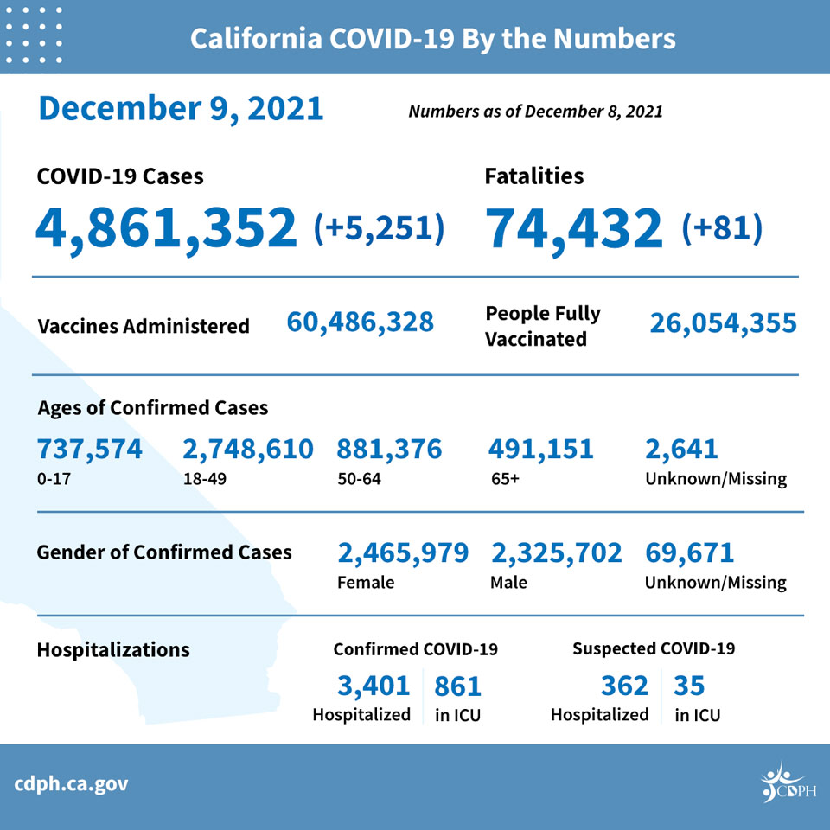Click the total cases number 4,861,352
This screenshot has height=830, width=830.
(x=166, y=229)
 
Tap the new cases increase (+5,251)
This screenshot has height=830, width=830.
(x=379, y=228)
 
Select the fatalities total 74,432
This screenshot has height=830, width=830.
(x=574, y=229)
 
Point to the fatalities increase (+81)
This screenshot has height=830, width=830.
(x=722, y=228)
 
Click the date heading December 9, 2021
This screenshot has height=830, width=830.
(x=181, y=110)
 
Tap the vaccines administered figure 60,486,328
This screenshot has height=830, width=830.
(x=360, y=322)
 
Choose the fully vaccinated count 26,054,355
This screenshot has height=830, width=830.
(x=723, y=323)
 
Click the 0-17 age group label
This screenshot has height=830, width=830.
(x=54, y=479)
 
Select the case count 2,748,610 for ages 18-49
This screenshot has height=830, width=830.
(x=248, y=450)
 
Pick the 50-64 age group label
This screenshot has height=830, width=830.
(x=360, y=479)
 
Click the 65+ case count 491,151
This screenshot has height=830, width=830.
(x=541, y=450)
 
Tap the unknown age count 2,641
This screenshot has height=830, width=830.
(x=682, y=450)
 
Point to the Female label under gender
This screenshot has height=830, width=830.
(x=366, y=583)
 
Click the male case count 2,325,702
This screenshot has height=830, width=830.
(x=557, y=553)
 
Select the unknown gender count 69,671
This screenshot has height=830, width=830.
(x=690, y=553)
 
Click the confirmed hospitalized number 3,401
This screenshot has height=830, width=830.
(x=373, y=686)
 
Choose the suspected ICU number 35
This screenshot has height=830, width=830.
(x=689, y=686)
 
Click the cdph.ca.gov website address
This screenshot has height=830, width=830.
(x=71, y=784)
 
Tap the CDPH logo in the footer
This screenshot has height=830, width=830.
(x=788, y=782)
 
